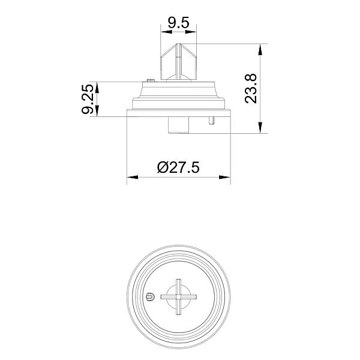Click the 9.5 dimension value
(x=178, y=23)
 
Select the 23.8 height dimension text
(x=250, y=89)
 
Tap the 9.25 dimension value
(x=88, y=99)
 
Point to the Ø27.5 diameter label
(x=178, y=167)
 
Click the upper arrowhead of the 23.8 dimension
(x=260, y=49)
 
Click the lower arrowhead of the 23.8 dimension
(x=260, y=127)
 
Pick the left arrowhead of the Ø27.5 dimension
(x=133, y=177)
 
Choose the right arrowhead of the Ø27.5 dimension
(x=224, y=177)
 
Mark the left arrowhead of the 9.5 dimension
(x=166, y=32)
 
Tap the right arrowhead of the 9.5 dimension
(x=191, y=32)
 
